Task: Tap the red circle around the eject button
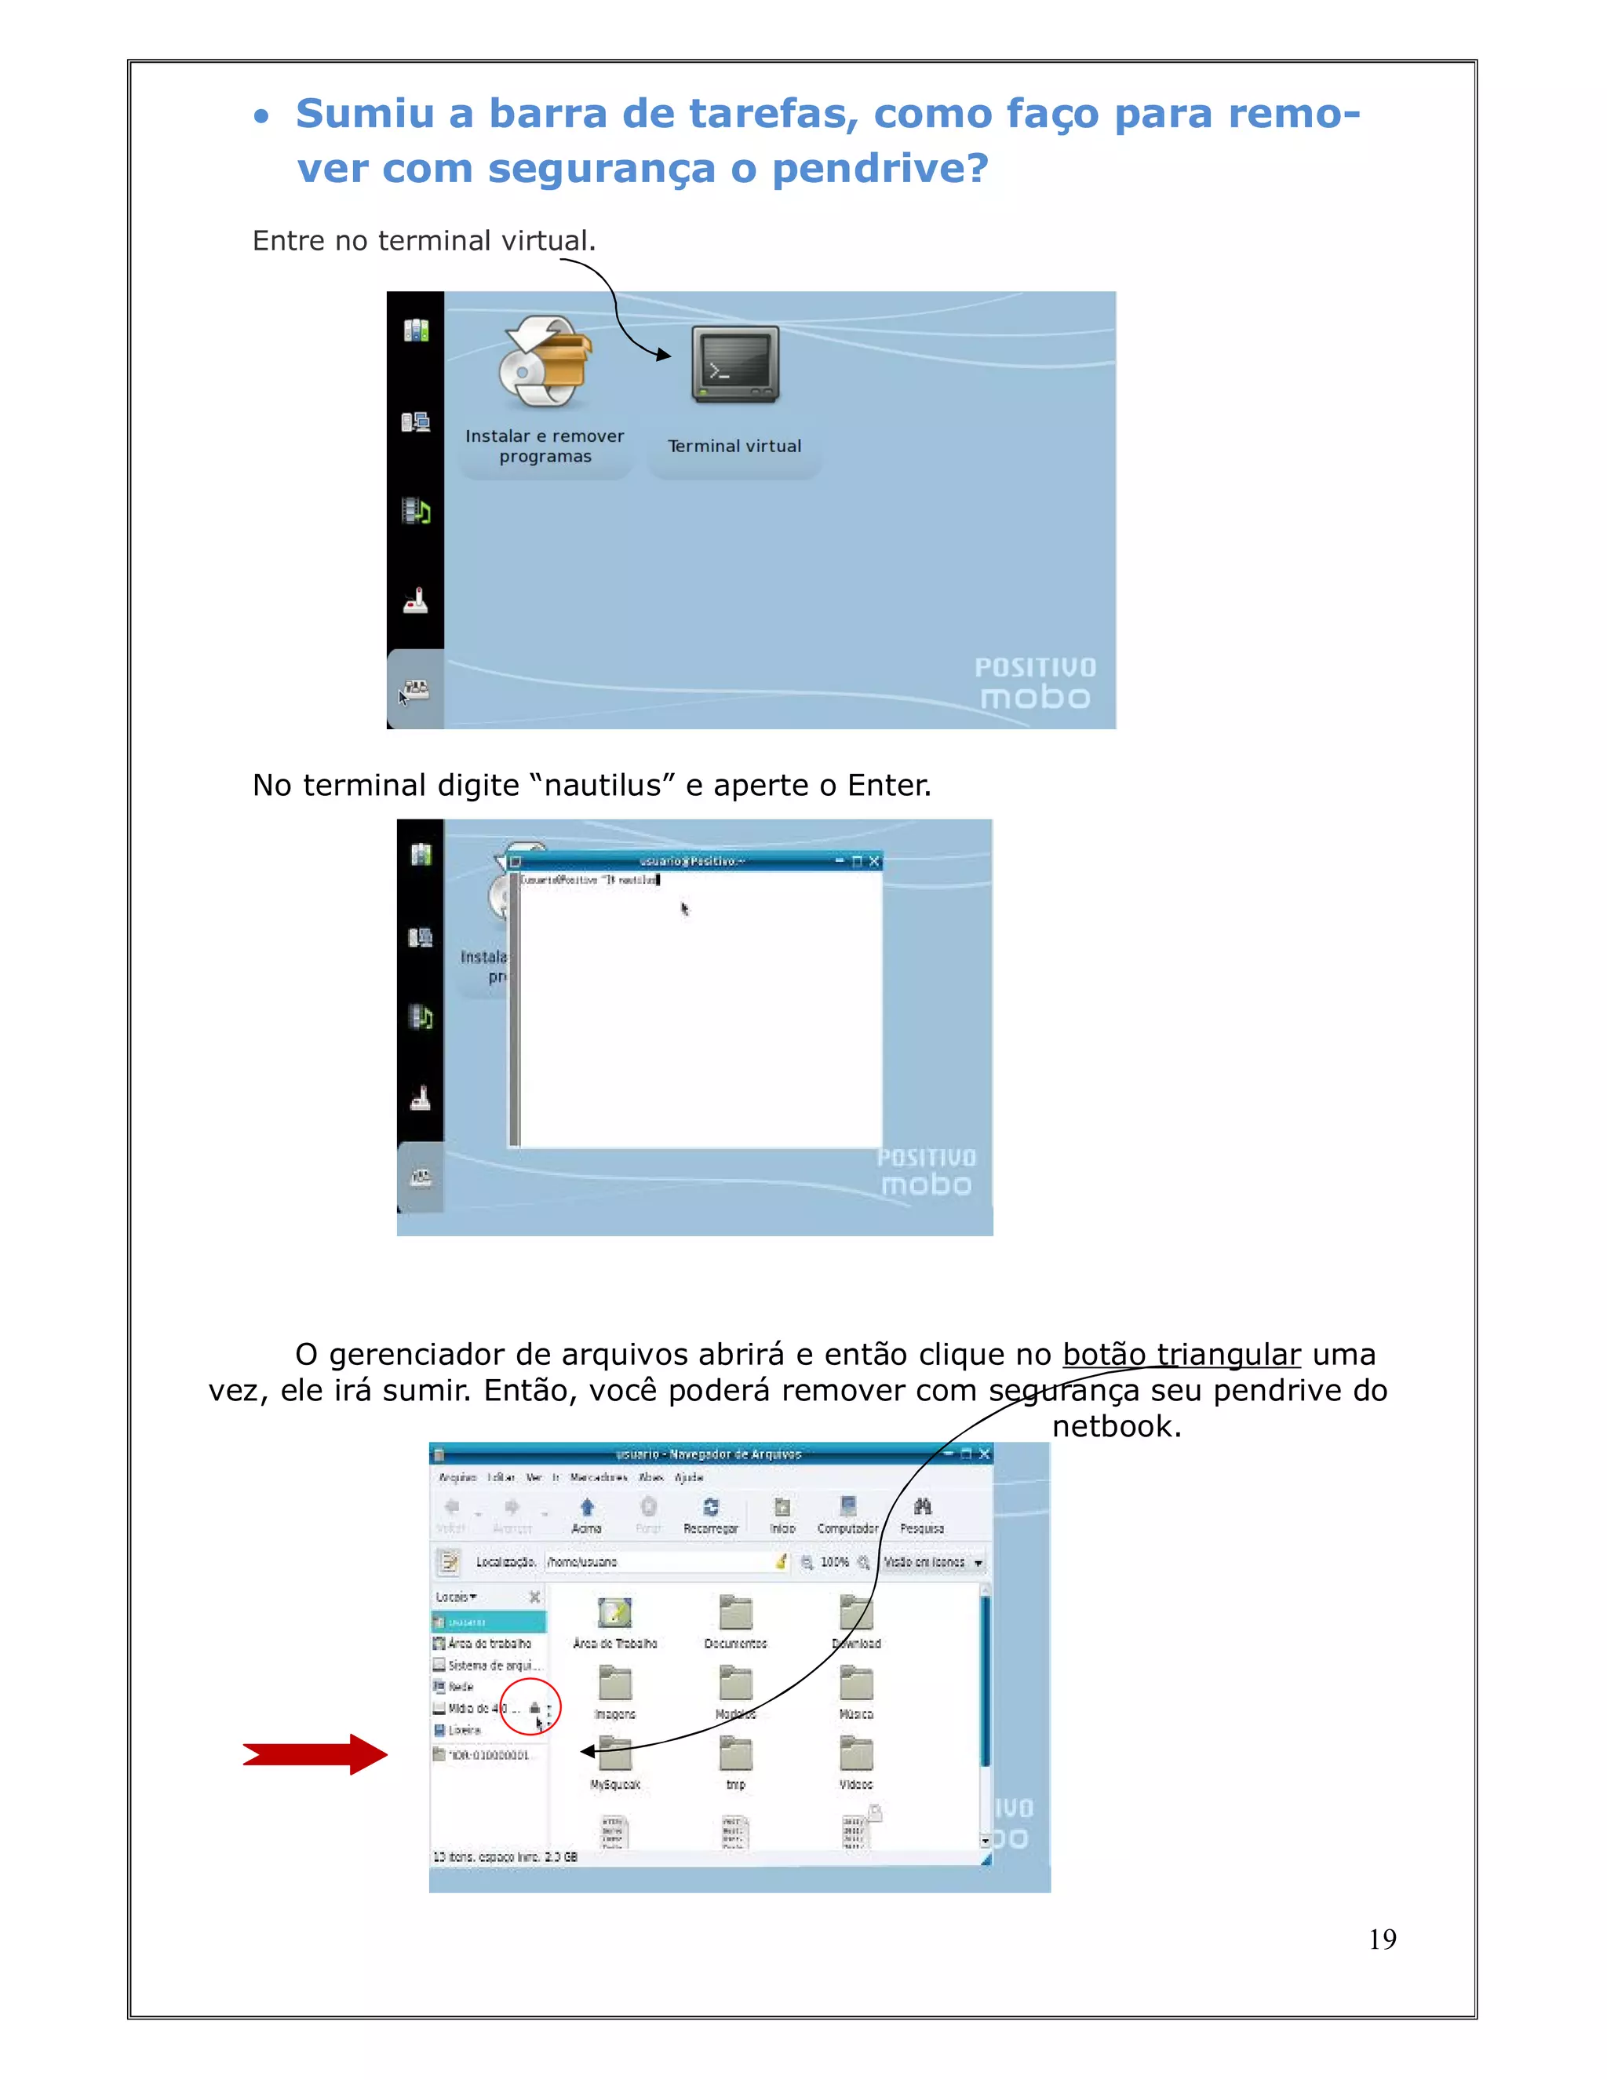[x=530, y=1710]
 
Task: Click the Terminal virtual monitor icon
[x=735, y=366]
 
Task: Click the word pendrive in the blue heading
[x=880, y=169]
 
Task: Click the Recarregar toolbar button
[x=710, y=1513]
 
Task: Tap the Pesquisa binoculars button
[x=921, y=1513]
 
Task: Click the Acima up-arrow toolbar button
[x=586, y=1513]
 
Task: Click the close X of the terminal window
[x=874, y=861]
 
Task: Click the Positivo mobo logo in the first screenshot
[x=1035, y=683]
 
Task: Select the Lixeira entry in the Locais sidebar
[x=464, y=1729]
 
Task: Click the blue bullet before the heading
[x=261, y=116]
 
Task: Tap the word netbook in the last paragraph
[x=1116, y=1427]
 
